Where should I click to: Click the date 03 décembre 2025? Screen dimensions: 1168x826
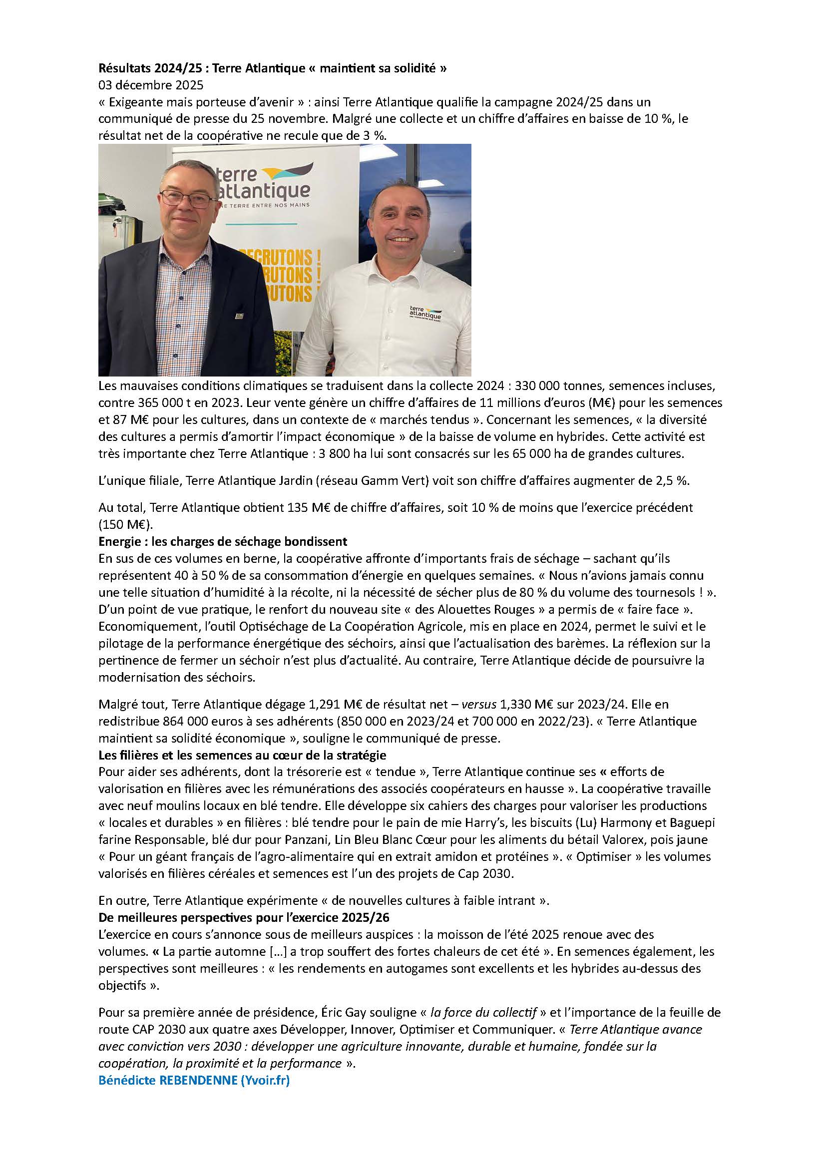click(150, 85)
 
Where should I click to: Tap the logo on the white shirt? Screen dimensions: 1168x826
click(425, 312)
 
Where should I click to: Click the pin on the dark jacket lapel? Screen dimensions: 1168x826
click(238, 317)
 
